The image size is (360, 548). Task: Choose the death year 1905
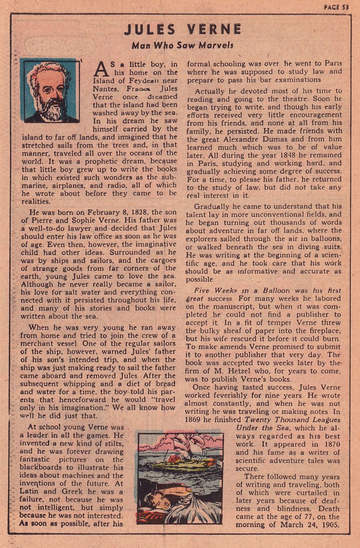coord(330,525)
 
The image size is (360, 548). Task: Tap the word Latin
coord(29,492)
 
